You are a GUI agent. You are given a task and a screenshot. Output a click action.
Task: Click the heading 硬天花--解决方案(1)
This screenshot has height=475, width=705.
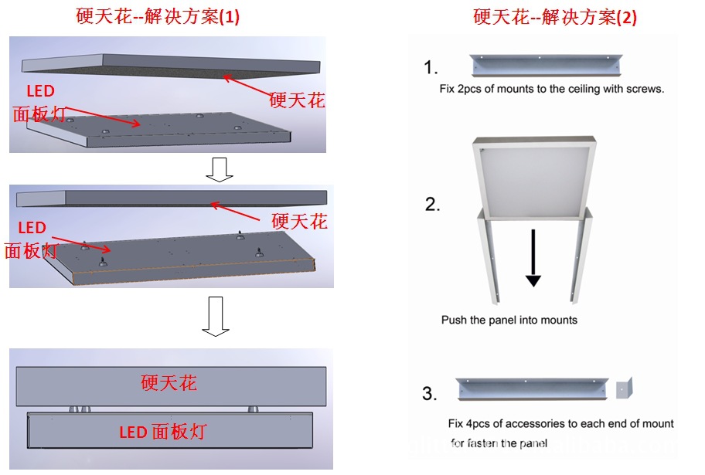[158, 17]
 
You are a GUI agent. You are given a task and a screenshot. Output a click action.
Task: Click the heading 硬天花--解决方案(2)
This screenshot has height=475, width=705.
[555, 17]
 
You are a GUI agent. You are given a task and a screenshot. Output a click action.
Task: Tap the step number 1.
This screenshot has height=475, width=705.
[431, 68]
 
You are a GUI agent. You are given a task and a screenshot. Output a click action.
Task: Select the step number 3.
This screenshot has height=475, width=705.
[430, 394]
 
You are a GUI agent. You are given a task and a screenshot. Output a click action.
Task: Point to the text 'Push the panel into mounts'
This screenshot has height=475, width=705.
[509, 320]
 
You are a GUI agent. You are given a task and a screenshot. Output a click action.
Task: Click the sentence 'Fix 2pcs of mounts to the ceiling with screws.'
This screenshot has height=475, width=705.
[551, 89]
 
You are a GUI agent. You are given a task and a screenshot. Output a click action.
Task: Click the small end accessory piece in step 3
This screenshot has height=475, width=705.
[625, 388]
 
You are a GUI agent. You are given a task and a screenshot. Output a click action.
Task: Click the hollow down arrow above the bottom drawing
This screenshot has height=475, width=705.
[216, 317]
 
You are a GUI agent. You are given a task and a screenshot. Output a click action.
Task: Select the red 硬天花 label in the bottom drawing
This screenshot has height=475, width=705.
[169, 382]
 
